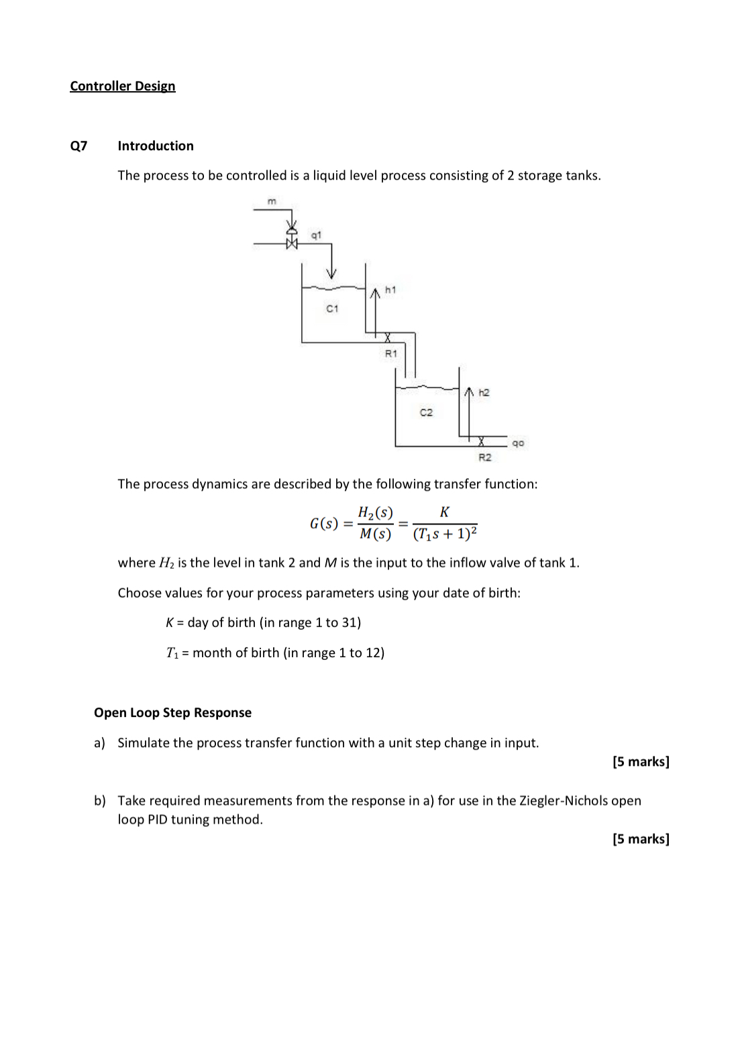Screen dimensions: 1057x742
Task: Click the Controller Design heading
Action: (x=122, y=86)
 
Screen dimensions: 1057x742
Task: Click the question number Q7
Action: (x=78, y=146)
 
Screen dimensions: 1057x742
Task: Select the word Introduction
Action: (x=156, y=146)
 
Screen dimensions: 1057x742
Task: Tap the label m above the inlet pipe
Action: (x=272, y=201)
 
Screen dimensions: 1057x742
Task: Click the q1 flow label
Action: (x=316, y=235)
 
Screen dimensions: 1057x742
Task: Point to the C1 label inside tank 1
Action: (x=332, y=309)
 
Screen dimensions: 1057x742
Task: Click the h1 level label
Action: (x=390, y=290)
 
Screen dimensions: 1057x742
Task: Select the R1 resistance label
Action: (x=390, y=353)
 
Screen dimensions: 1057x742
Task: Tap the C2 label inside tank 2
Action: (x=426, y=412)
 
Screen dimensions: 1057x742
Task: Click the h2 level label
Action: (x=484, y=392)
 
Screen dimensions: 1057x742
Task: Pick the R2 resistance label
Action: (x=484, y=457)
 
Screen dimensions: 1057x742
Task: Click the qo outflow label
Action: (x=518, y=443)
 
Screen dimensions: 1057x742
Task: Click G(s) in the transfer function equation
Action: (x=323, y=524)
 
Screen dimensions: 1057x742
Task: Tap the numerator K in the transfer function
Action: (x=444, y=512)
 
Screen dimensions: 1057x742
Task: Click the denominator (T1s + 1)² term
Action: (x=445, y=535)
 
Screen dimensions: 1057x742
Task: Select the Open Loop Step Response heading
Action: (x=172, y=713)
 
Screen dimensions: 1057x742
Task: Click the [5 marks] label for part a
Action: (x=641, y=762)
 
